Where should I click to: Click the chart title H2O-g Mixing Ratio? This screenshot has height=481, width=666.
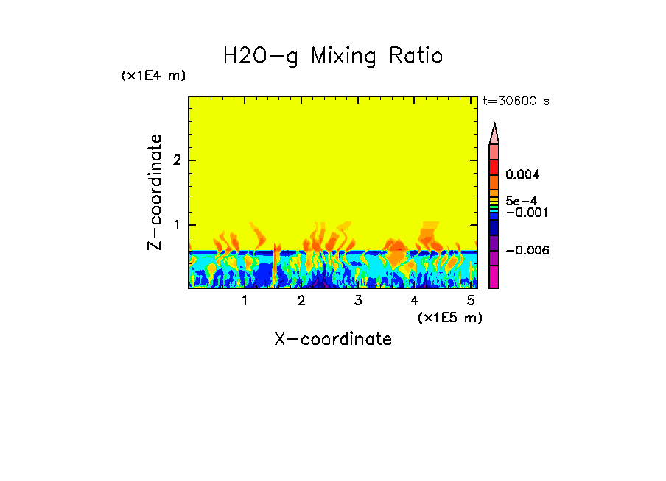tap(333, 56)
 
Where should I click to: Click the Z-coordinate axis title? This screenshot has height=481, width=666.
tap(155, 192)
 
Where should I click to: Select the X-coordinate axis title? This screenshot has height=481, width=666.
tap(333, 339)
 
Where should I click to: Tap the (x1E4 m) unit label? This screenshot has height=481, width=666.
tap(153, 76)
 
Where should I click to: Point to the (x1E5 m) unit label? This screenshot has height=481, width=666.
tap(449, 317)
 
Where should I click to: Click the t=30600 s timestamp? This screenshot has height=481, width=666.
tap(516, 101)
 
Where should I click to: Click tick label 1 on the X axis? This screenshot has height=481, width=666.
tap(245, 301)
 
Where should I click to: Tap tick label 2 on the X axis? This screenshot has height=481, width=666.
tap(301, 301)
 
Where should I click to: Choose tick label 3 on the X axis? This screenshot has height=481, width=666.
tap(357, 301)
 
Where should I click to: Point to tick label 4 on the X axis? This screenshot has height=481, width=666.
tap(414, 301)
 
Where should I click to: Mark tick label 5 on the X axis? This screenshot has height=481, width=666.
tap(470, 301)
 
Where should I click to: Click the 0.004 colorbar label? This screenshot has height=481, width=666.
tap(522, 175)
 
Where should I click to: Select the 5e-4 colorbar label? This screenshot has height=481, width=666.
tap(521, 201)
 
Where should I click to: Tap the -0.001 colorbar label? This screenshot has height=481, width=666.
tap(525, 213)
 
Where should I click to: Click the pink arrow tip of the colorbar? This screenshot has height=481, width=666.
tap(494, 133)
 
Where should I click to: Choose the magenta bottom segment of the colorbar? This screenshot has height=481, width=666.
tap(494, 277)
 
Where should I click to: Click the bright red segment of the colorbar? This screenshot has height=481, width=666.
tap(494, 167)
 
